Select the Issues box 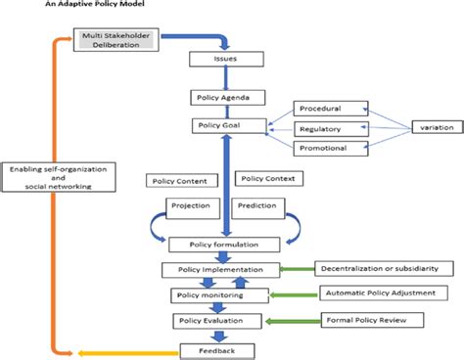pos(225,59)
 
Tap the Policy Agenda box pos(224,98)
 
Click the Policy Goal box pos(224,126)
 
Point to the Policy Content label pos(179,180)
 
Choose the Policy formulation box pos(224,244)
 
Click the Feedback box pos(224,348)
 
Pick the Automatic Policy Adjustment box pos(376,292)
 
